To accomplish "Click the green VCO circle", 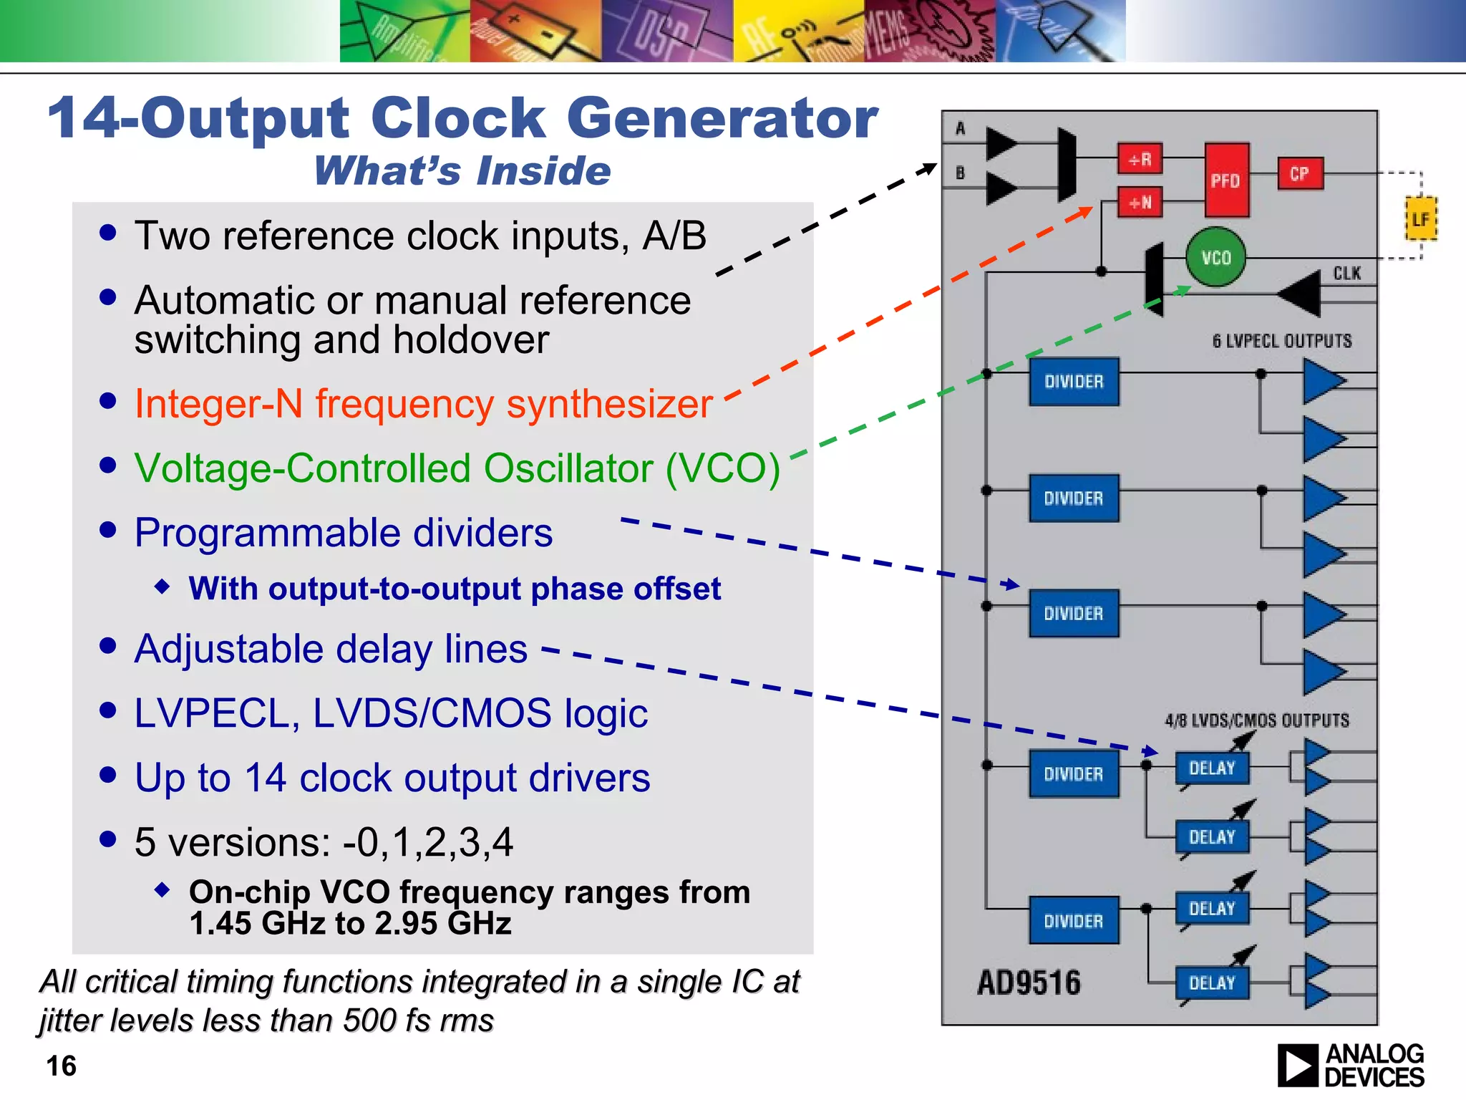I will click(x=1215, y=257).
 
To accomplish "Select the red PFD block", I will click(x=1226, y=180).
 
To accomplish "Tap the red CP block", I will click(x=1300, y=174).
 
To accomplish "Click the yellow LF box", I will click(x=1420, y=220).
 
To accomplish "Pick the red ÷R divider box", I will click(x=1140, y=159).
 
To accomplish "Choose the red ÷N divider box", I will click(x=1140, y=203).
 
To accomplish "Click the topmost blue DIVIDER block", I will click(x=1074, y=382).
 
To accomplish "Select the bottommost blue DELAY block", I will click(x=1212, y=983).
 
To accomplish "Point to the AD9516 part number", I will click(x=1029, y=983).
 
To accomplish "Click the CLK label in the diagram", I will click(x=1346, y=273).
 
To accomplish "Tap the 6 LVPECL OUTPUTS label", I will click(x=1281, y=341).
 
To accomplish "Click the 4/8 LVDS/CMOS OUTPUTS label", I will click(x=1256, y=720).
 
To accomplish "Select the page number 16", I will click(x=62, y=1066).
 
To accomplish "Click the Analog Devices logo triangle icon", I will click(x=1296, y=1066).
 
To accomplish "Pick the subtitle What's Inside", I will click(x=462, y=171).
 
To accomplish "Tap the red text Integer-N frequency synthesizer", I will click(x=423, y=403).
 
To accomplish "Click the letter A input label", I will click(x=960, y=129).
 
